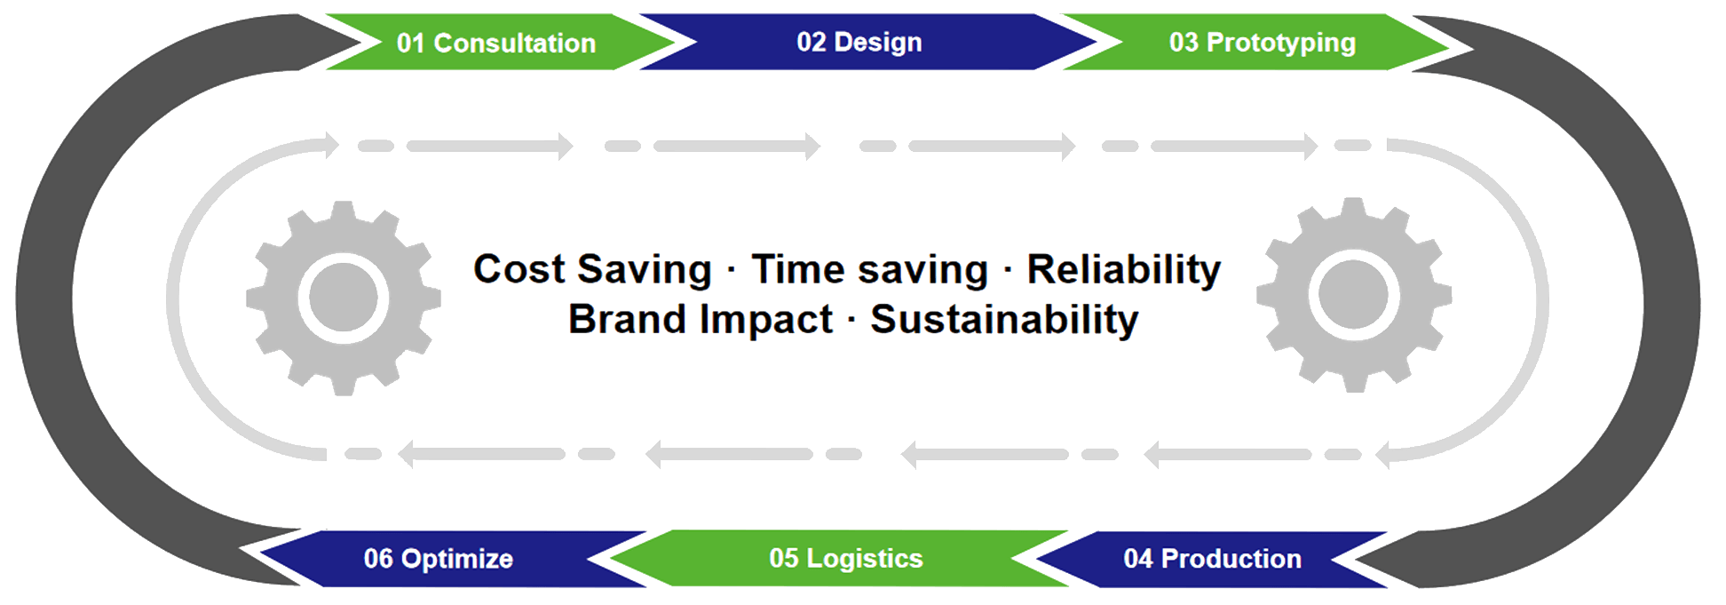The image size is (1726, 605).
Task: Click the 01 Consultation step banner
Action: (496, 43)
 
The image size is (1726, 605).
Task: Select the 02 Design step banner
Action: (859, 43)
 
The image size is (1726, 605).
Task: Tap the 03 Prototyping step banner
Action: (1262, 43)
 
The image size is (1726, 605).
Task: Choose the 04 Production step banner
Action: (1212, 559)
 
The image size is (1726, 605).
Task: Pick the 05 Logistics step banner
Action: (845, 559)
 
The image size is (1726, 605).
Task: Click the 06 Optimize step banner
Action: (439, 559)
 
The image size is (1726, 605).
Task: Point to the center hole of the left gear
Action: (344, 297)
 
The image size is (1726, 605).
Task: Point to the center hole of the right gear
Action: (1354, 295)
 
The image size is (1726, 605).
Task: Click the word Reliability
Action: (1123, 269)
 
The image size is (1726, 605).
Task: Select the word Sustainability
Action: (1003, 320)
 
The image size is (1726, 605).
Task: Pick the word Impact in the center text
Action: (766, 320)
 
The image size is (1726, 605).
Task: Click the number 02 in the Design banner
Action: (812, 43)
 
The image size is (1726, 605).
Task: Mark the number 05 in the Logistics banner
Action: (784, 559)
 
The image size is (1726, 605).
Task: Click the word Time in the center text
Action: (796, 269)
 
